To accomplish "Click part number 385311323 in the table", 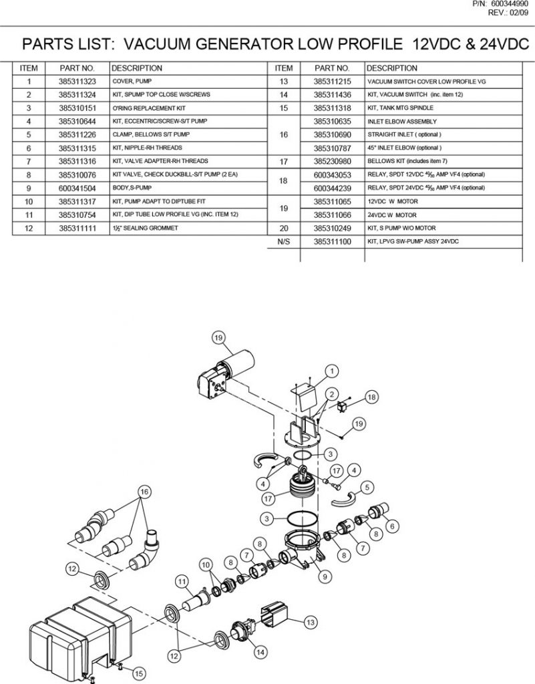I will click(x=77, y=81).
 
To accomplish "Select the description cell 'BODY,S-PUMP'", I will click(x=128, y=188).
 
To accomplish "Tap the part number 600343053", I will click(x=332, y=174).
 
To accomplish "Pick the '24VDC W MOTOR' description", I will click(x=391, y=214).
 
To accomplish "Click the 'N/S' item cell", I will click(x=283, y=241).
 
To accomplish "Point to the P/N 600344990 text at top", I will click(x=500, y=4).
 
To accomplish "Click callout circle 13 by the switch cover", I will click(x=310, y=622).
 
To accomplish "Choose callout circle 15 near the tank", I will click(x=138, y=674).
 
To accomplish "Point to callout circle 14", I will click(x=259, y=651).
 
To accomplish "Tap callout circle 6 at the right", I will click(x=391, y=526).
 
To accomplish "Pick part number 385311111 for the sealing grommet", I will click(x=77, y=228).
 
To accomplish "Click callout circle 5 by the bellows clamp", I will click(x=367, y=486).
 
